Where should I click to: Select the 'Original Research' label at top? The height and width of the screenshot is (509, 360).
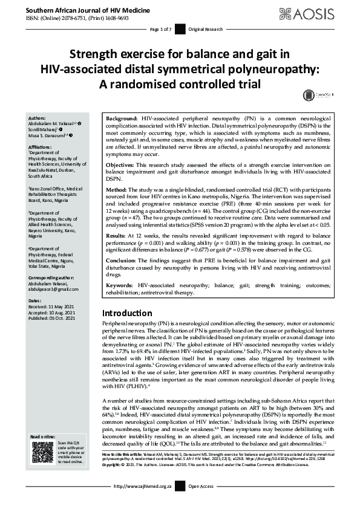tap(206, 30)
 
